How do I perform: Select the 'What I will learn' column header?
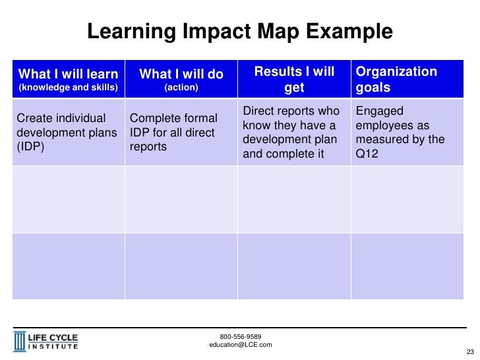tap(69, 73)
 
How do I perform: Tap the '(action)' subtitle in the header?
tap(181, 87)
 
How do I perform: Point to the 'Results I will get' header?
tap(294, 79)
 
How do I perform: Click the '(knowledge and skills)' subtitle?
tap(68, 87)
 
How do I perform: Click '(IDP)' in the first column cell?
tap(29, 146)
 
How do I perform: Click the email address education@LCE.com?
tap(240, 345)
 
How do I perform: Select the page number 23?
tap(470, 350)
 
